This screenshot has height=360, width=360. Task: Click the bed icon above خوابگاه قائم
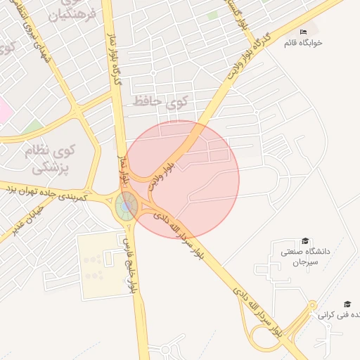[x=304, y=32]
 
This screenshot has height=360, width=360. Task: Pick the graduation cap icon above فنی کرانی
[x=347, y=304]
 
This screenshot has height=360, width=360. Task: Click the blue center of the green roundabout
[x=127, y=207]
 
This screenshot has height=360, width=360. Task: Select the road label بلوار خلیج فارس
[x=129, y=264]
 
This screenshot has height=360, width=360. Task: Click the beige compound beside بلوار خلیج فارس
[x=98, y=266]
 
